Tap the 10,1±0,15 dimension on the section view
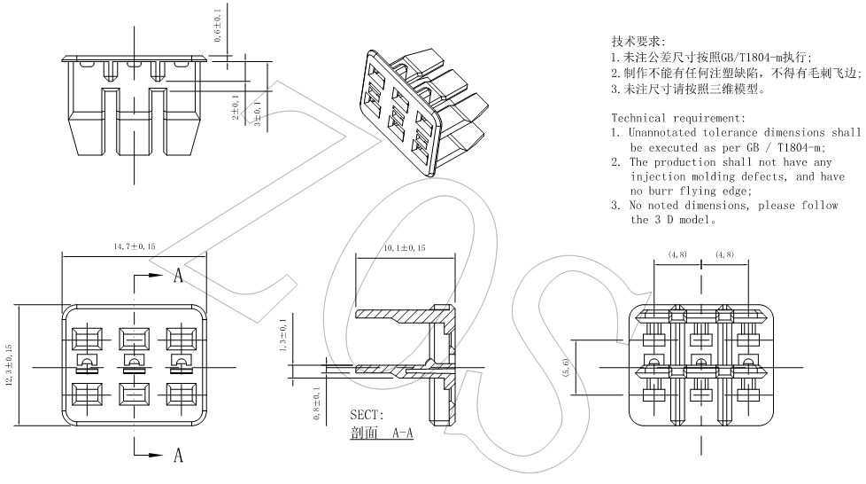(x=405, y=249)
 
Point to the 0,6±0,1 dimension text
(x=217, y=26)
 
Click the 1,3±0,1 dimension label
(x=282, y=337)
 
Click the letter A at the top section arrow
(x=178, y=276)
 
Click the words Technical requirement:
(x=678, y=118)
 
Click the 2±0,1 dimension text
(x=235, y=109)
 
